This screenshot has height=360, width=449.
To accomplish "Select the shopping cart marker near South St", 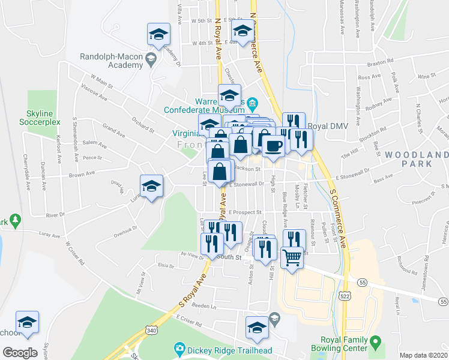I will click(292, 258).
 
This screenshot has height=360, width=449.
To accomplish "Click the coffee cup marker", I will click(273, 146).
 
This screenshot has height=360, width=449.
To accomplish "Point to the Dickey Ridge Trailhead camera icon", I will click(179, 348).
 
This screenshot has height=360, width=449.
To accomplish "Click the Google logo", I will click(20, 353).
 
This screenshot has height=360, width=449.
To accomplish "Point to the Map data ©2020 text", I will click(423, 355).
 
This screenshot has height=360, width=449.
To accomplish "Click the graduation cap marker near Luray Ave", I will click(152, 186).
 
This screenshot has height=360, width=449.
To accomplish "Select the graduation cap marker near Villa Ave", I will click(158, 35).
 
